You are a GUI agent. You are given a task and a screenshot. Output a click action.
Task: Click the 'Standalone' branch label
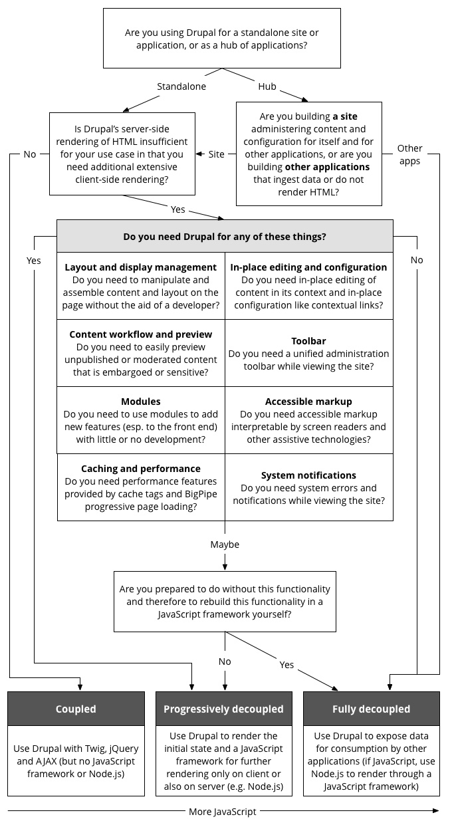(181, 86)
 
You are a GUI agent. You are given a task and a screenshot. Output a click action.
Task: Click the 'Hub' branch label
(267, 86)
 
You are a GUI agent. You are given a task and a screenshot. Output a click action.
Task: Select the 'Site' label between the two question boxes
(217, 154)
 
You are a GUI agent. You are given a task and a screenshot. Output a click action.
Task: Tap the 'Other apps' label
(410, 154)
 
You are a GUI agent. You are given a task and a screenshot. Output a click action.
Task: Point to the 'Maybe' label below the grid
(225, 544)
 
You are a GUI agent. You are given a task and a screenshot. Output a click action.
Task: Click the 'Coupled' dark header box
(76, 709)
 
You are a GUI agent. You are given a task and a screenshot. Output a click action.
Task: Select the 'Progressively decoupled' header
(224, 709)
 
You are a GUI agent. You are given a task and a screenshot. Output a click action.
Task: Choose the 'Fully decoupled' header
(371, 709)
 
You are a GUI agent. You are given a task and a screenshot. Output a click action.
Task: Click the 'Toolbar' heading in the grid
(308, 341)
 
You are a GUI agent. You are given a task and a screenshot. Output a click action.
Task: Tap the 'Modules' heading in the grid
(141, 402)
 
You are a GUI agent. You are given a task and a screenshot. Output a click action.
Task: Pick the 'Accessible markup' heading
(308, 402)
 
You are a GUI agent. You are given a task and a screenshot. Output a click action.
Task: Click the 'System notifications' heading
(308, 475)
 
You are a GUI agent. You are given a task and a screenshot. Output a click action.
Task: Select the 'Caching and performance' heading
(141, 469)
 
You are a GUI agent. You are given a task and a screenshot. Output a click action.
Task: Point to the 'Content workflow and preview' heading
(141, 334)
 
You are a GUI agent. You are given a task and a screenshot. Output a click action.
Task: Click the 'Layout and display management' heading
(141, 267)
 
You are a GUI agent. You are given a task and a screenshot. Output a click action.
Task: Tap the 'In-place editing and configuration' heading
(308, 267)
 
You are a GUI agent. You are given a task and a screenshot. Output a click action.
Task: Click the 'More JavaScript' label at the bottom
(223, 811)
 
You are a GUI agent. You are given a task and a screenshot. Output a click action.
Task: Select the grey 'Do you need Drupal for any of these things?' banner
(225, 236)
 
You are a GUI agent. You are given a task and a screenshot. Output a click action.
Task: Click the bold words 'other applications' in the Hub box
(327, 167)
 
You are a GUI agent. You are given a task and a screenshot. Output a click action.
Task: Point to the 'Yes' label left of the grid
(34, 261)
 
